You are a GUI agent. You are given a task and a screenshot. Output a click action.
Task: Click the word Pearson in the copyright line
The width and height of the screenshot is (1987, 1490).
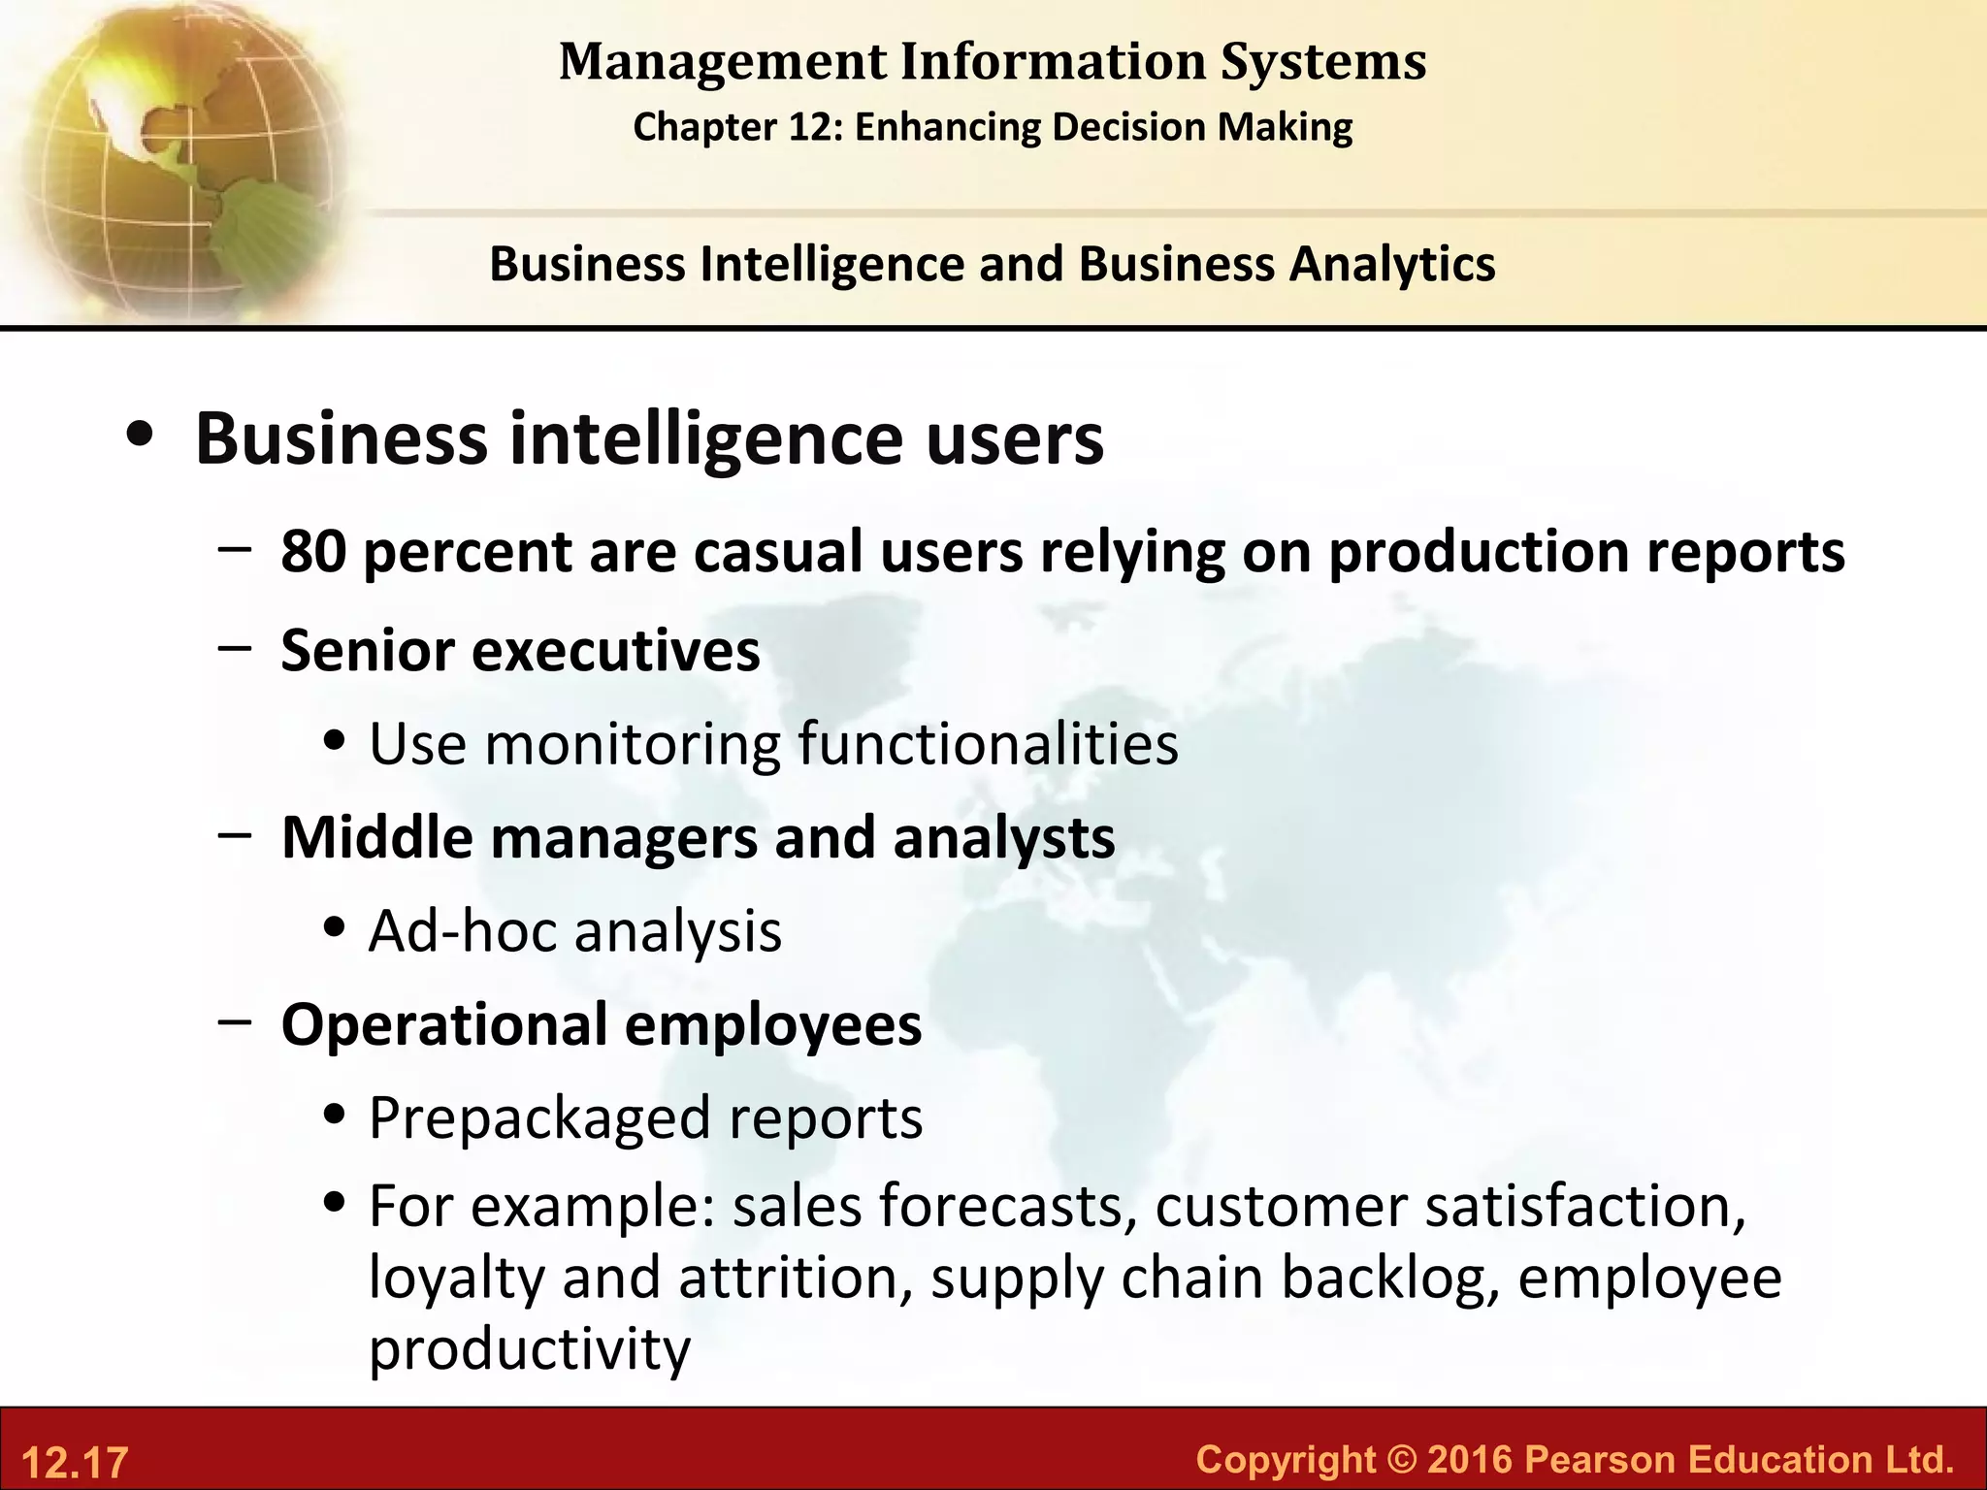click(x=1600, y=1459)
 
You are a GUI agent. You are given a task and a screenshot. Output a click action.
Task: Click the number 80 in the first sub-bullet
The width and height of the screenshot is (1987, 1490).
click(x=312, y=551)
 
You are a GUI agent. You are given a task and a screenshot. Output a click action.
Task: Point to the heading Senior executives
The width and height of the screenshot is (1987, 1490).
click(x=520, y=650)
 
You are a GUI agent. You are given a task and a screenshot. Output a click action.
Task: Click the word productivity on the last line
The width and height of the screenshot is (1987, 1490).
click(x=530, y=1348)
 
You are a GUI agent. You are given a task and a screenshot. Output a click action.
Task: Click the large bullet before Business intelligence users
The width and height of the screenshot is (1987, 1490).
click(x=141, y=437)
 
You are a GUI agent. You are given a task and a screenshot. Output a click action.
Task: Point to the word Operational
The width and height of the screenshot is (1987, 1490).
click(x=443, y=1024)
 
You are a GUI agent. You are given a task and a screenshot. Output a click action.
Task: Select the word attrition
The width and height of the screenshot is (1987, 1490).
click(x=795, y=1277)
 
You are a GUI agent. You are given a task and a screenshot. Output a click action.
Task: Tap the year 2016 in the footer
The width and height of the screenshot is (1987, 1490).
click(x=1469, y=1459)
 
